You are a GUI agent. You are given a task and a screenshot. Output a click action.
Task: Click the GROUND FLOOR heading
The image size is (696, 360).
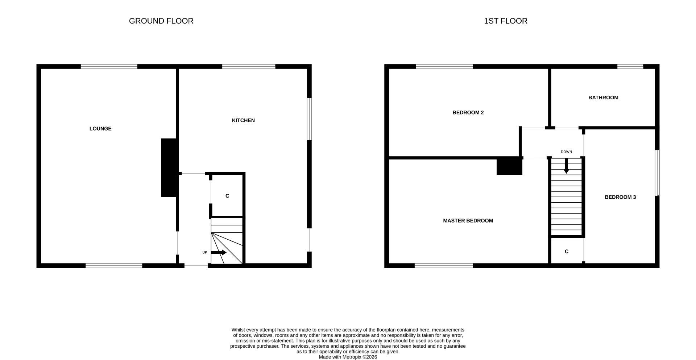[x=161, y=21]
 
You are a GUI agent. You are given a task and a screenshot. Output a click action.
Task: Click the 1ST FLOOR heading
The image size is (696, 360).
[x=505, y=21]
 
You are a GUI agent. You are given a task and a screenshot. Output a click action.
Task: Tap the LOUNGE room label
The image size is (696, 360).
[x=100, y=129]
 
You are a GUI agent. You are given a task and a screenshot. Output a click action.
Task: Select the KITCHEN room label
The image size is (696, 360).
[x=243, y=120]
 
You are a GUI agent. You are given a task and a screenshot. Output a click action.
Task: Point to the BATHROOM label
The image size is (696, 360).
[x=603, y=98]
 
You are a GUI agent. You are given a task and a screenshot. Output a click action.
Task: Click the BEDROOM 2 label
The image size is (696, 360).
[x=468, y=113]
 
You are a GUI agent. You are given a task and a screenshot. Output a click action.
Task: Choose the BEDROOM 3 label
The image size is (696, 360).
[x=620, y=197]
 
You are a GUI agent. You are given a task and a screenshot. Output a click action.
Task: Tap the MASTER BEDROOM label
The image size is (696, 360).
[x=468, y=221]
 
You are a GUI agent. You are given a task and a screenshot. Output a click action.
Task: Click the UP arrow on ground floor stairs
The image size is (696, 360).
[x=219, y=252]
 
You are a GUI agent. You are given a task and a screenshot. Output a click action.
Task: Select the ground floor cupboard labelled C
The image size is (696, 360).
[x=227, y=196]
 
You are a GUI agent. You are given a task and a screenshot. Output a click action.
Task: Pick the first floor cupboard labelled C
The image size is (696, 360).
[x=567, y=252]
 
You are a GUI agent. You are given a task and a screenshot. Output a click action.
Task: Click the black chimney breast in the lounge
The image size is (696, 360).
[x=169, y=167]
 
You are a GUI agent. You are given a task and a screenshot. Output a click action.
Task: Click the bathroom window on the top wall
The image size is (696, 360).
[x=630, y=66]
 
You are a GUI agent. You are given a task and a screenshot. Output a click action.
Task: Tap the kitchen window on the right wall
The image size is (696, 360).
[x=309, y=119]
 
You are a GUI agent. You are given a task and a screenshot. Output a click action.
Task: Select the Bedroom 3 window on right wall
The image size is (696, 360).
[x=657, y=173]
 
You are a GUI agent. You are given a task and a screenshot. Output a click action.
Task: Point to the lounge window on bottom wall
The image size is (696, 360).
[x=114, y=266]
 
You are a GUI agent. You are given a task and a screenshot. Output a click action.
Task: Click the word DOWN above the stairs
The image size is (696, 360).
[x=566, y=152]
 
